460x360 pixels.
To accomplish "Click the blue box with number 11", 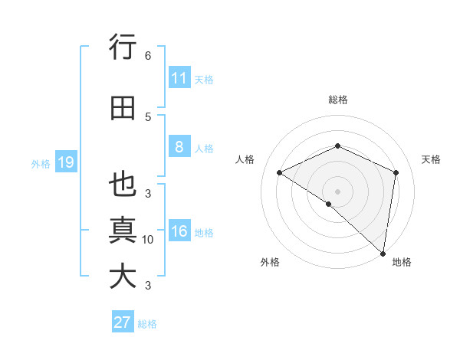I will click(x=179, y=78).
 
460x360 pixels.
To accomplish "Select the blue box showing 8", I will click(x=179, y=148).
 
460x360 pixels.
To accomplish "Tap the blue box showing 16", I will click(x=179, y=232).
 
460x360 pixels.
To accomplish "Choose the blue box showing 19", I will click(x=65, y=162).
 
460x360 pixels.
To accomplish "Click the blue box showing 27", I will click(x=123, y=322).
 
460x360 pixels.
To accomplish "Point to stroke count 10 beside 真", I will click(x=148, y=240).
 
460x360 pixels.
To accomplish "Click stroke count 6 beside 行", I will click(x=148, y=56).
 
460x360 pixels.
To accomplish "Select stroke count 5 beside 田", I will click(x=148, y=116).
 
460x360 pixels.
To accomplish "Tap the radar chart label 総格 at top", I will click(x=337, y=100).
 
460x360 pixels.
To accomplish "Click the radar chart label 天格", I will click(x=432, y=159).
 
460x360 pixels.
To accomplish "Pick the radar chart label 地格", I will click(x=402, y=262).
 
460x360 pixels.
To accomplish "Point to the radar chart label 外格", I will click(x=270, y=262).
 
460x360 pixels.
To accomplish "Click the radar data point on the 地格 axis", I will click(x=383, y=254).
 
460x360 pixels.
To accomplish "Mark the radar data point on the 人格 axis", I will click(x=280, y=173).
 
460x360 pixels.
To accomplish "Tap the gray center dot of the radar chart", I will click(x=337, y=191).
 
